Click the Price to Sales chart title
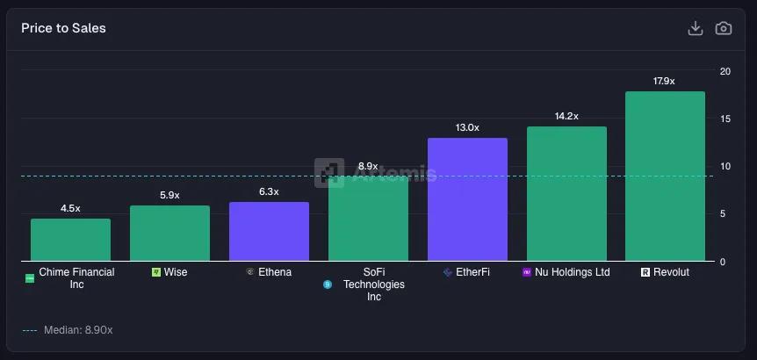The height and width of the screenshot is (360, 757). tap(63, 28)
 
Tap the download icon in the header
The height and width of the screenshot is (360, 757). tap(695, 28)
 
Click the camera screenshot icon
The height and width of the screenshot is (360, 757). tap(723, 28)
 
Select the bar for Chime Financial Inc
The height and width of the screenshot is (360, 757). tap(70, 240)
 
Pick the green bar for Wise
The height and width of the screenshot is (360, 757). tap(169, 234)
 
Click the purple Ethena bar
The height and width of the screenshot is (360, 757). tap(269, 232)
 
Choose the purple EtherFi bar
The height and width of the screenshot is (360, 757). tap(467, 199)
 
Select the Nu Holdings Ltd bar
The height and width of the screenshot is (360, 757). tap(566, 194)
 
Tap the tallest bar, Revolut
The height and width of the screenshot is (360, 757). tap(665, 176)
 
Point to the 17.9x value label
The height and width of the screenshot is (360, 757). tap(664, 81)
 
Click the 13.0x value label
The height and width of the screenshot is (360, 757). tap(467, 127)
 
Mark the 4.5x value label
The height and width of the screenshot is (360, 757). tap(70, 208)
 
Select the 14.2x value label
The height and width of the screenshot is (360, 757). tap(566, 116)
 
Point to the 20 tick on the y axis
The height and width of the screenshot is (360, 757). tap(725, 71)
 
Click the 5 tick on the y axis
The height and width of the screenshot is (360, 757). tap(722, 213)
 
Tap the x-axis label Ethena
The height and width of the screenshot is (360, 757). tap(275, 272)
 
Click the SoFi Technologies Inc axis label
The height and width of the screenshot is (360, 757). tap(374, 284)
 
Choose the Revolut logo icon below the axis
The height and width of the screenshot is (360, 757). tap(645, 272)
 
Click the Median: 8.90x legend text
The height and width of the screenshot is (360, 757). tap(78, 330)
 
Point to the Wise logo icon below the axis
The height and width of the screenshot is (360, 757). tap(155, 272)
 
